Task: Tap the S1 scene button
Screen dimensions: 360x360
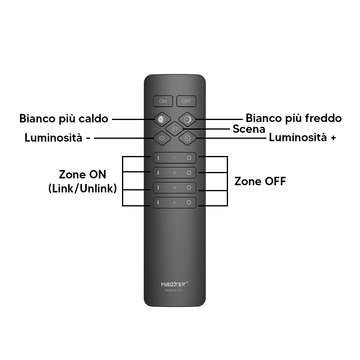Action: tap(175, 129)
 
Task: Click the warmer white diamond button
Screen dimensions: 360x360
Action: tap(162, 119)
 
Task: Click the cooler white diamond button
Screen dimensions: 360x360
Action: tap(187, 119)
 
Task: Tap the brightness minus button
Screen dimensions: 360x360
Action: tap(162, 138)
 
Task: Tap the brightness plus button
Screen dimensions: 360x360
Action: tap(187, 138)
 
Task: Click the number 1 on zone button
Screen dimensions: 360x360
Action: tap(174, 158)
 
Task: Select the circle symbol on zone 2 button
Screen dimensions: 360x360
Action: tap(189, 173)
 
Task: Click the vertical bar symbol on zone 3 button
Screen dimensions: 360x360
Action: tap(158, 188)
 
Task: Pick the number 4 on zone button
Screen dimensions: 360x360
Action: tap(174, 202)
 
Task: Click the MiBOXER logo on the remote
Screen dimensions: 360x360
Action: tap(174, 284)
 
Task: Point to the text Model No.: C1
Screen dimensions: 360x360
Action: tap(173, 290)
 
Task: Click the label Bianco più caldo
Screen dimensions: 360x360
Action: tap(64, 119)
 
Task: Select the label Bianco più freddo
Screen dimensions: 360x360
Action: tap(294, 118)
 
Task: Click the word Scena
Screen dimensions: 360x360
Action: tap(249, 129)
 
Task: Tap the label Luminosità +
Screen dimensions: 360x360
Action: tap(302, 138)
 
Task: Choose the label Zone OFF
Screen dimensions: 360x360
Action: tap(260, 181)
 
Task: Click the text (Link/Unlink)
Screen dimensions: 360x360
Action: tap(83, 188)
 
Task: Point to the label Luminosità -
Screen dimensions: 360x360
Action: tap(57, 138)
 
